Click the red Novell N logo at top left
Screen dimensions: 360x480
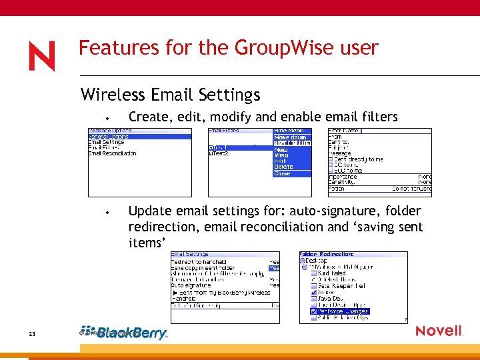coord(41,56)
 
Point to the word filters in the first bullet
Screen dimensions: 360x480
coord(378,117)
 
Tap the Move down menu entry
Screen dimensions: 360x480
coord(289,137)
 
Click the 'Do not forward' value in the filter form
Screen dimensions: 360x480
coord(411,189)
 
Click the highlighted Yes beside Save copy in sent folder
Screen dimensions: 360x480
coord(274,267)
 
